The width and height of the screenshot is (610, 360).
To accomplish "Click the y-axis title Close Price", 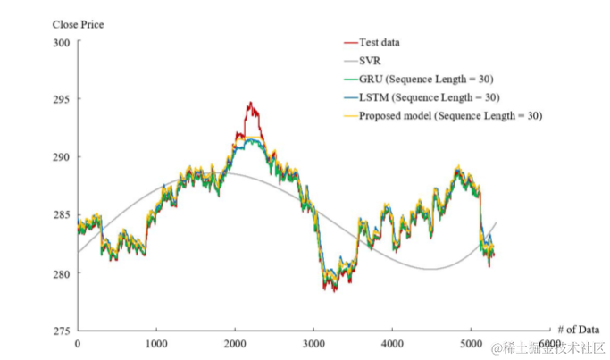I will coord(78,24).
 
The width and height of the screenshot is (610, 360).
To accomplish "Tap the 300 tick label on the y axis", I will coord(60,42).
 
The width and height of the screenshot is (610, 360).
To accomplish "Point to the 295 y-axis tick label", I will coord(60,99).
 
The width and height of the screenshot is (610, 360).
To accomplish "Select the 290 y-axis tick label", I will coord(60,157).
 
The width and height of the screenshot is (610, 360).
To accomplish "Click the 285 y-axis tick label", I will coord(60,214).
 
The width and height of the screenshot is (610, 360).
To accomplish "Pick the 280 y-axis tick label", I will coord(60,273).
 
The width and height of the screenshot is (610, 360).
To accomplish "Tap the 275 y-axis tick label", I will coord(60,331).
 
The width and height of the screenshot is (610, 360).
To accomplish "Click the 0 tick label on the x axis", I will coord(77,344).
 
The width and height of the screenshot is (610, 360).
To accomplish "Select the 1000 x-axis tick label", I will coord(156,344).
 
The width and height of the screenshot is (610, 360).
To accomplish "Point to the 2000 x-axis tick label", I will coord(235,344).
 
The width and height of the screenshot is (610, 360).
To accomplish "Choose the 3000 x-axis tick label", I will coord(313,344).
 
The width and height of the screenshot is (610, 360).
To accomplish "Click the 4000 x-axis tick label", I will coord(392,344).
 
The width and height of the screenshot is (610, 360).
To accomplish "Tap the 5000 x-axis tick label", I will coord(471,344).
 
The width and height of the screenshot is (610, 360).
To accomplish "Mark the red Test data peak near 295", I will coord(250,104).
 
